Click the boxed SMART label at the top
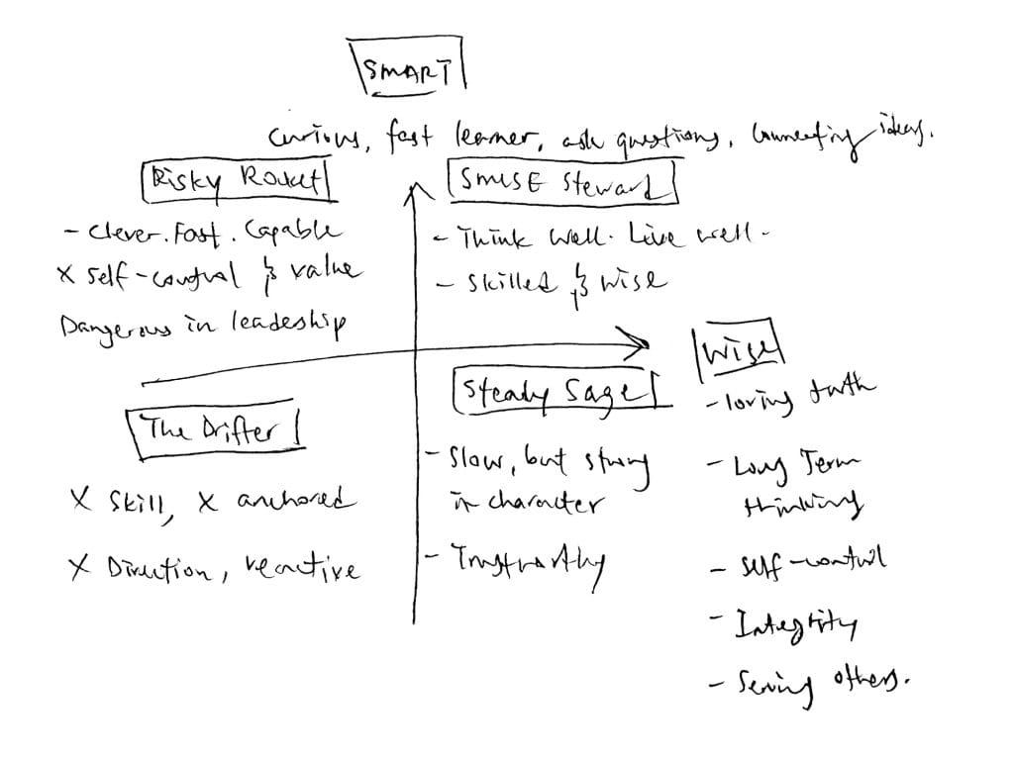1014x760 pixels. (407, 67)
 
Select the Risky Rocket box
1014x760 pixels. (236, 182)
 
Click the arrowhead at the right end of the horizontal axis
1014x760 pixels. (641, 343)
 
